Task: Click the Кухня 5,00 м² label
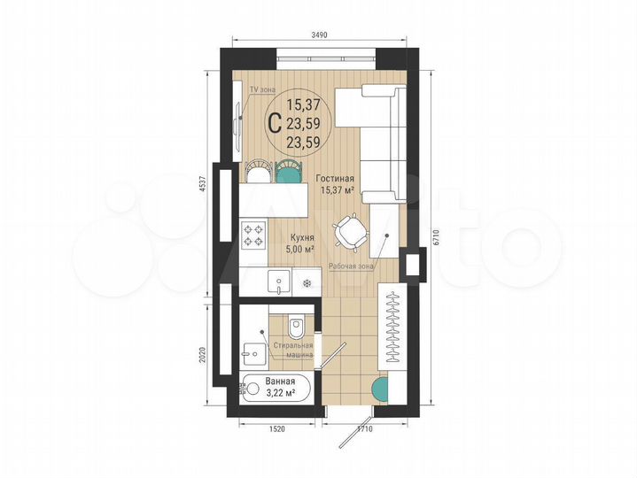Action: pos(304,244)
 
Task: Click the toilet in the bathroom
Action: pos(300,330)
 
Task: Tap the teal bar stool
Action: pos(287,169)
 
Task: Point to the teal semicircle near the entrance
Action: pos(381,388)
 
